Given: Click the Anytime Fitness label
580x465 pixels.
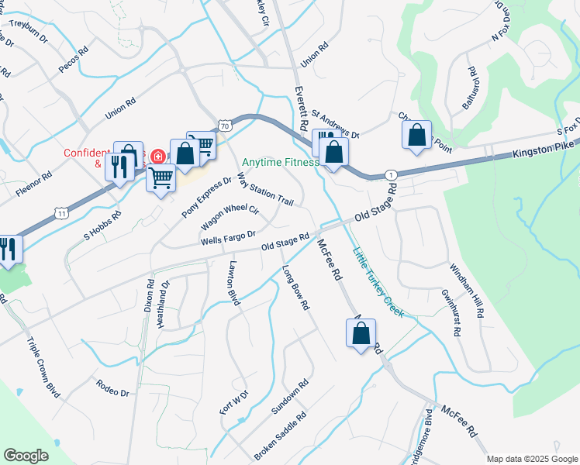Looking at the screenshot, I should (280, 163).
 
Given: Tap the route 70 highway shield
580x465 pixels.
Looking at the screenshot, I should (224, 124).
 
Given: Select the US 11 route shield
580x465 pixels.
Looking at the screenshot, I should (63, 212).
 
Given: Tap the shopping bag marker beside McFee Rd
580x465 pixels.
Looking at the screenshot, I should (361, 334).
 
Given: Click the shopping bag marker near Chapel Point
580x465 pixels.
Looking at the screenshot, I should (417, 136).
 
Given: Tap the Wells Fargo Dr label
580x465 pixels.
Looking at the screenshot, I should (228, 237).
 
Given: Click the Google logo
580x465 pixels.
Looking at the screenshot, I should (26, 456).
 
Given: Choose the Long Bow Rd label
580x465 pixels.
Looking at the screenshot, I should (295, 288).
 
